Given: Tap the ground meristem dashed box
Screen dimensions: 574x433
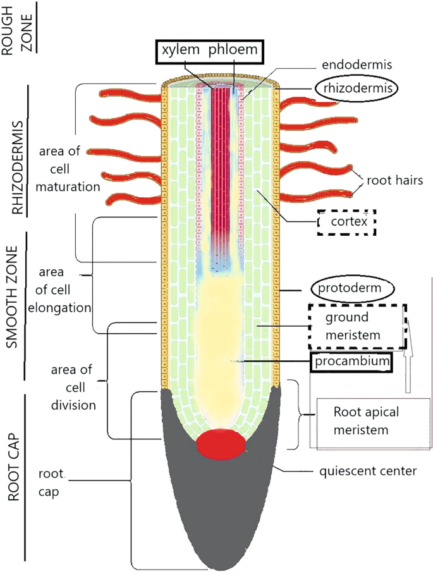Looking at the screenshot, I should click(x=357, y=326).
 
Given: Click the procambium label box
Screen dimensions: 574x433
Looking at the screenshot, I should click(x=350, y=362).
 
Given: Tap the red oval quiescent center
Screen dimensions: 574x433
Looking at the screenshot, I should click(x=221, y=444).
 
